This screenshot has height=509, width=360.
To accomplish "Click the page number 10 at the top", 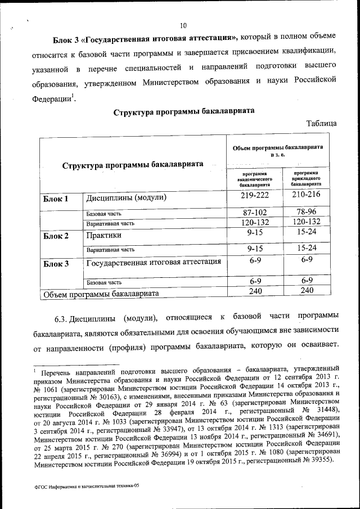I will tap(183, 25).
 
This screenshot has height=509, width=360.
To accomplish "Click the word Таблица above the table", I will tap(322, 123).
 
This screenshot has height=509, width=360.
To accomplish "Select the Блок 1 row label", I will tap(56, 199).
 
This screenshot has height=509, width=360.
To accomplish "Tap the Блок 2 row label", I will tap(56, 236).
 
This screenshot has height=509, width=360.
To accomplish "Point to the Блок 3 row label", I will tap(56, 263).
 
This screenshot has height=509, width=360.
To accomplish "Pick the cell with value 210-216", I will tap(307, 195).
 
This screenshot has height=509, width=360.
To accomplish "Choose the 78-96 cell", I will tap(307, 212).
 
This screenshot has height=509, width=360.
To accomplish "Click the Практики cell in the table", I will tap(103, 235).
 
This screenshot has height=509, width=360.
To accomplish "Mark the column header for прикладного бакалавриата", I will tap(307, 178).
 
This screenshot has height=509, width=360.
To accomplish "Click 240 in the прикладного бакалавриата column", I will tap(307, 291).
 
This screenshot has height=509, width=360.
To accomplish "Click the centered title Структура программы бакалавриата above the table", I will tap(184, 111).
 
